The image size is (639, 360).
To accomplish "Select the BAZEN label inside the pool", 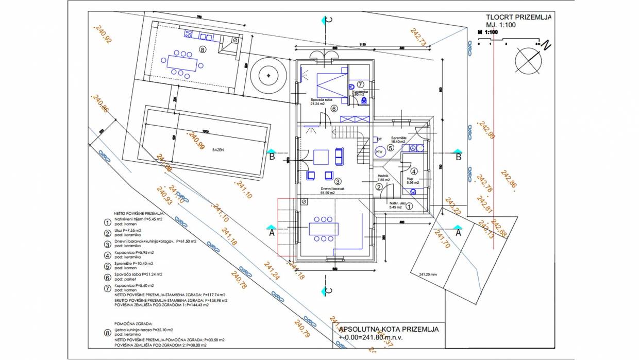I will coord(217,150).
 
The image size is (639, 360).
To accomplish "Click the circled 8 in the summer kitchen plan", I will coord(203,50).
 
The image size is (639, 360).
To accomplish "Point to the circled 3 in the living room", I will coord(338,181).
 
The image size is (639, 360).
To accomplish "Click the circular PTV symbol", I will coord(379,152).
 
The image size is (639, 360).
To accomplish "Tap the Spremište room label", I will coord(400,139).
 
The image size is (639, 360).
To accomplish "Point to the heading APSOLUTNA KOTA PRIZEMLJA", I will coord(389,329).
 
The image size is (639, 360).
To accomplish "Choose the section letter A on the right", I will coord(458,232).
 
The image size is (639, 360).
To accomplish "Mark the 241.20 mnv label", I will coord(428,275).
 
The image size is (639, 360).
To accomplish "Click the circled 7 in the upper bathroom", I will coord(360,83).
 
